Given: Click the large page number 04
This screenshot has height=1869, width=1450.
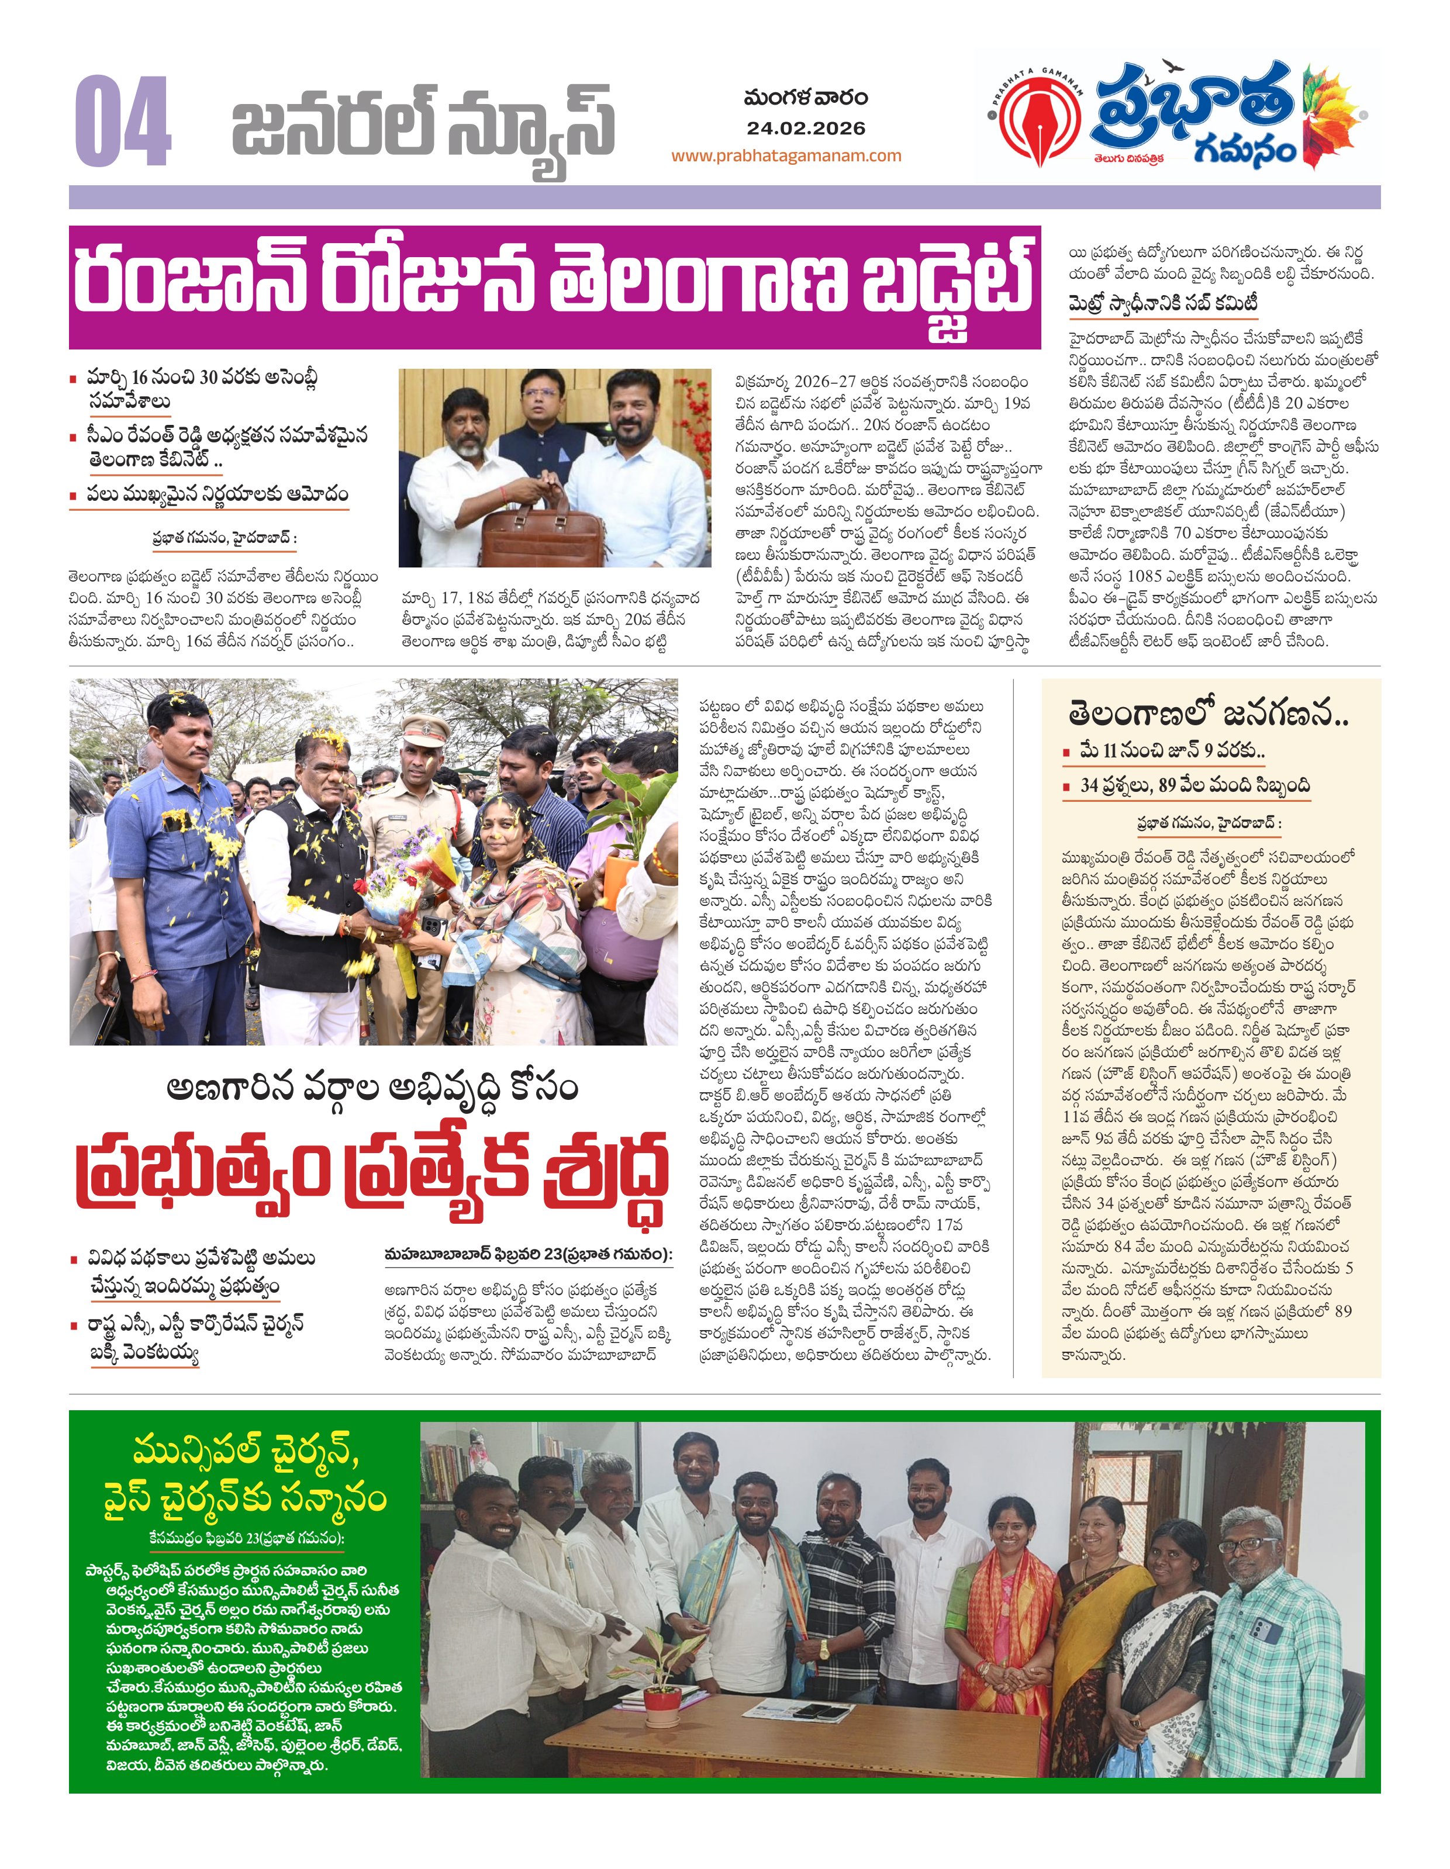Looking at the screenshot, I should pos(122,122).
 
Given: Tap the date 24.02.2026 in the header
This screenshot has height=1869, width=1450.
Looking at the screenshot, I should pos(806,129).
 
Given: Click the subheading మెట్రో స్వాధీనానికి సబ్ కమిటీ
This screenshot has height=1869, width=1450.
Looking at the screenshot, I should pos(1162,304).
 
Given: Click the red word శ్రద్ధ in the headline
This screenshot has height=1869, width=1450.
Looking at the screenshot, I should pos(605,1174).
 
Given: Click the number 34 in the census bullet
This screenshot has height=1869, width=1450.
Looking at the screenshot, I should pos(1089,785).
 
